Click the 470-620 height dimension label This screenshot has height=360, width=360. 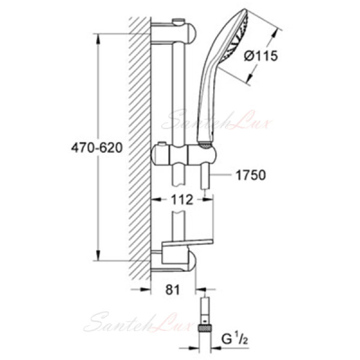click(97, 148)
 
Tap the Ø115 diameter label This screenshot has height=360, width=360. click(260, 57)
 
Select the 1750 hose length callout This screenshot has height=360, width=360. click(251, 175)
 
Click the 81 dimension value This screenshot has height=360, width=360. click(173, 290)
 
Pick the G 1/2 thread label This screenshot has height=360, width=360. click(235, 339)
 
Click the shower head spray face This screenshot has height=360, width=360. click(237, 38)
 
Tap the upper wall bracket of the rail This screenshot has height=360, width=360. click(173, 32)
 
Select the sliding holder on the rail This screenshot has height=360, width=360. click(183, 154)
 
